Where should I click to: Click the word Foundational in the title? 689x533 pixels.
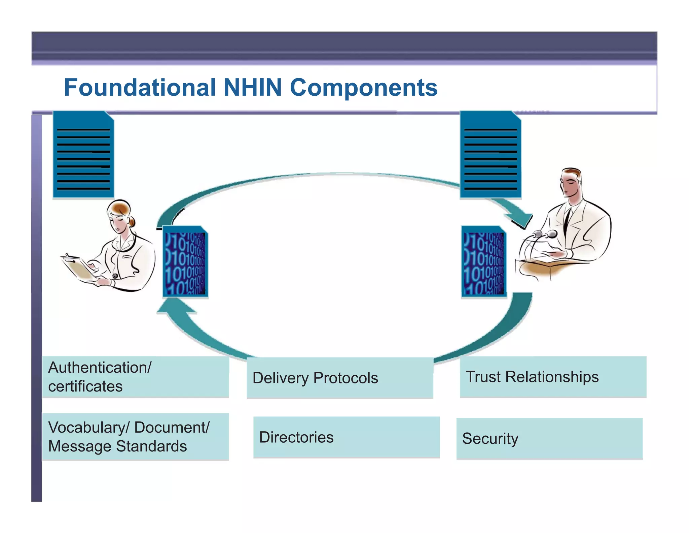click(140, 88)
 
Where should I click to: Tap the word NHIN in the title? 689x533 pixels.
click(252, 88)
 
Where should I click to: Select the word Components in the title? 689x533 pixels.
click(363, 88)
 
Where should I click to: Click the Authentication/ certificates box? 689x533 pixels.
click(136, 377)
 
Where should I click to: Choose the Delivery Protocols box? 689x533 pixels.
click(340, 378)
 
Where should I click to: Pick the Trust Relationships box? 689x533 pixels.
click(553, 377)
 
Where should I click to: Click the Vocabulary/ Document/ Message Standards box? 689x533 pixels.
click(136, 437)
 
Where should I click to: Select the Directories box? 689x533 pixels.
click(347, 437)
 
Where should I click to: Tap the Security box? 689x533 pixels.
click(549, 439)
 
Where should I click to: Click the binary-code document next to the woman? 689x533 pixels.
click(185, 262)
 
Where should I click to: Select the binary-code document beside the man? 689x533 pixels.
click(484, 262)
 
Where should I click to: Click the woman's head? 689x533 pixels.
click(119, 216)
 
